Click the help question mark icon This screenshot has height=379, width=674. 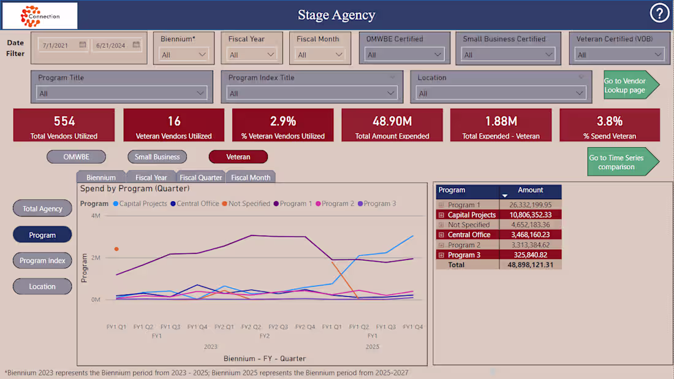659,13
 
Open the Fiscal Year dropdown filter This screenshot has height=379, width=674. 252,55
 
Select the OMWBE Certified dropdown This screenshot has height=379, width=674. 404,55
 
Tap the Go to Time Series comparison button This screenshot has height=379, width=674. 619,162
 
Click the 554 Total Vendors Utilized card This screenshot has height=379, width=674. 64,126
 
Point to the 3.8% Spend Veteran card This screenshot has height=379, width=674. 610,126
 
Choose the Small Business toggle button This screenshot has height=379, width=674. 157,157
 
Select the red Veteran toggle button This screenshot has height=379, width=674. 238,157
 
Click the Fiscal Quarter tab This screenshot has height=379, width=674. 200,177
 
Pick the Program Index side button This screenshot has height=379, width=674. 42,261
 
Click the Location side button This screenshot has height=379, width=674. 42,286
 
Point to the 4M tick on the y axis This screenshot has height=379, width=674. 96,216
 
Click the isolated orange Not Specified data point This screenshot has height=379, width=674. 116,249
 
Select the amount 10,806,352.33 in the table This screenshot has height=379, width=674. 531,215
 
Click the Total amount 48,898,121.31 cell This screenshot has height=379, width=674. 531,264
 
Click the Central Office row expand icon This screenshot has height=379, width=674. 441,235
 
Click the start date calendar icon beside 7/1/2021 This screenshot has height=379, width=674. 83,45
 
